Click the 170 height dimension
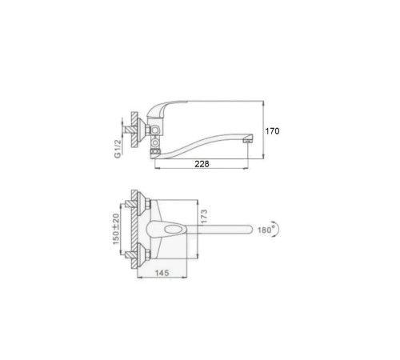coord(272,131)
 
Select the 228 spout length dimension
coord(202,164)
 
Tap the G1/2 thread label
coord(118,148)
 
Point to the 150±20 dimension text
coord(116,229)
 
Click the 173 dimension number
coord(204,217)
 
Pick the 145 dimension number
coord(162,273)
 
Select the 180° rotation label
coord(266,230)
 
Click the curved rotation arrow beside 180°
coord(277,229)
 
